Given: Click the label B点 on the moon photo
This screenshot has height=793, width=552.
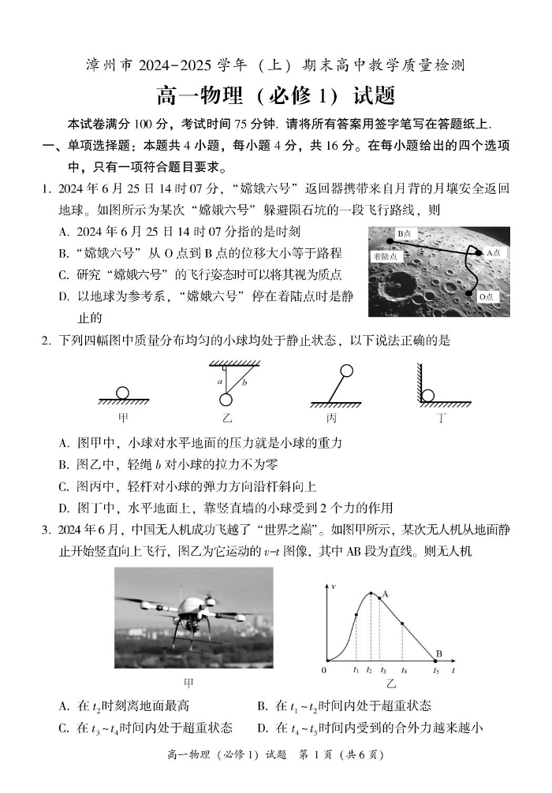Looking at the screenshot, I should coord(405,233).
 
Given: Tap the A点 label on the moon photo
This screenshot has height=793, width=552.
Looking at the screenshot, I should coord(494,253).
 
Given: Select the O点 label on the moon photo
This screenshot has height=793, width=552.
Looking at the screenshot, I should coord(489,297).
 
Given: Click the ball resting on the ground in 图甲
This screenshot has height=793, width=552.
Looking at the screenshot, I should coord(123,393).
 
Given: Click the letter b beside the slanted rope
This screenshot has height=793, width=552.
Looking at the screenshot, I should coord(244,382).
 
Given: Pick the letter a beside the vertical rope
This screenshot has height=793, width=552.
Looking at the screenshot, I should coord(220,382).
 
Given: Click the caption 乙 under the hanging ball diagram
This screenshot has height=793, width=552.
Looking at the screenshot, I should coord(227,418).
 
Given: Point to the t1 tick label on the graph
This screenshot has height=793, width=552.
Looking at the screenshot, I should coord(356,671).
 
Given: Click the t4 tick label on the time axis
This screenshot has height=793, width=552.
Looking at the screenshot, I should coord(404,671).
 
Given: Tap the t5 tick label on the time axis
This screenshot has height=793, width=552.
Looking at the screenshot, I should coord(436,671).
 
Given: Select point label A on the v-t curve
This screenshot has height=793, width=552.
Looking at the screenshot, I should coord(386,594).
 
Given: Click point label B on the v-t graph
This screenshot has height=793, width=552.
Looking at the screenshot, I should coord(439,653).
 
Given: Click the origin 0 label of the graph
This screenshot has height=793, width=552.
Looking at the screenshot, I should coord(323,671).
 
